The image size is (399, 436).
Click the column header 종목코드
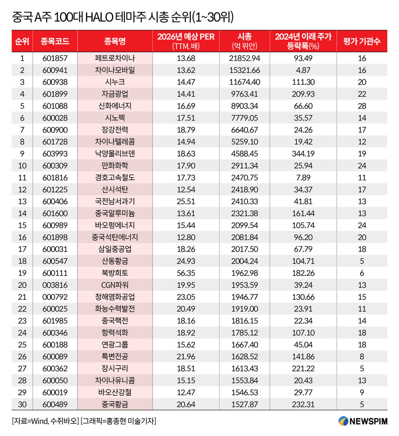(55, 41)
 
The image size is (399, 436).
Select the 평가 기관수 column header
(362, 41)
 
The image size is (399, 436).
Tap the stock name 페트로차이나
(115, 58)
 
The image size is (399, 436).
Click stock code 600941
(55, 70)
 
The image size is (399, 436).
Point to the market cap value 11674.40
(244, 82)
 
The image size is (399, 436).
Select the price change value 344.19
(303, 154)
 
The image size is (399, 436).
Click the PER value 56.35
(186, 273)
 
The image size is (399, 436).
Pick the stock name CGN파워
(115, 285)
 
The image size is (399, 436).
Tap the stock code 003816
(55, 285)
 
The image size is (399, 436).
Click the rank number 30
(22, 404)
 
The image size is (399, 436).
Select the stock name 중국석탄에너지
(115, 237)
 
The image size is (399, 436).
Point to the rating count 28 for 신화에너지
(362, 106)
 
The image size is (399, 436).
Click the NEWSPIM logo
(363, 421)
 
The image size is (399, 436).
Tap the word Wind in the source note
(40, 421)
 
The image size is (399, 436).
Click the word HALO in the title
(99, 17)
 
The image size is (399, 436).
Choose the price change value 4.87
(303, 70)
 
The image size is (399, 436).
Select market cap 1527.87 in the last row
(244, 404)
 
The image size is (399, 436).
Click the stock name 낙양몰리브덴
(115, 154)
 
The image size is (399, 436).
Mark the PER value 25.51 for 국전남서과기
(186, 201)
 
